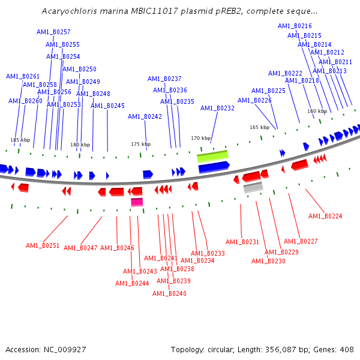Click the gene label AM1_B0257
tap(53, 32)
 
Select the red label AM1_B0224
tap(325, 216)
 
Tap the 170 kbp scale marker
tap(201, 138)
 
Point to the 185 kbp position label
tap(20, 140)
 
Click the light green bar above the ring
tap(212, 156)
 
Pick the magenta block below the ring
tap(137, 202)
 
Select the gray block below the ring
tap(253, 187)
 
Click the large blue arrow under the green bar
tap(214, 167)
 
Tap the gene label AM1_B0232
tap(217, 108)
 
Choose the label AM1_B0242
tap(145, 116)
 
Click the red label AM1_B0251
tap(43, 245)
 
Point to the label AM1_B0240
tap(169, 293)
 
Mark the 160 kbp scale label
tap(317, 111)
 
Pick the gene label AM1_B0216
tap(295, 26)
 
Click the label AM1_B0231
tap(242, 242)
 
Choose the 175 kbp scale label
tap(141, 144)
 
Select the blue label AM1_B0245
tap(107, 106)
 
